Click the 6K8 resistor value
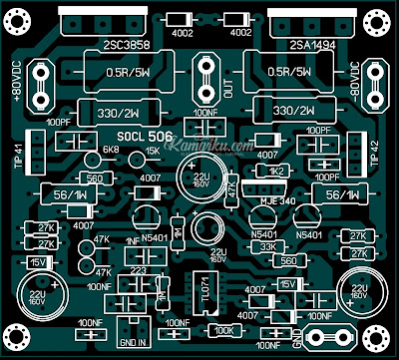click(x=112, y=152)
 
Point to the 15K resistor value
click(x=152, y=152)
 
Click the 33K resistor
click(x=267, y=246)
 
